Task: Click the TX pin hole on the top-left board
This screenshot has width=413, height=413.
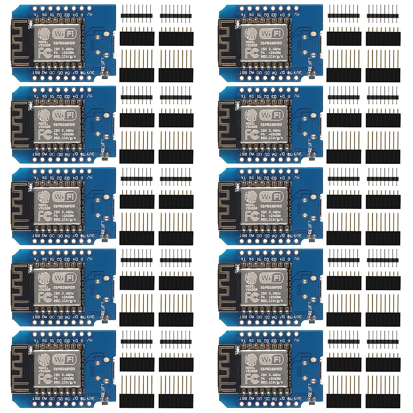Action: click(36, 8)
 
